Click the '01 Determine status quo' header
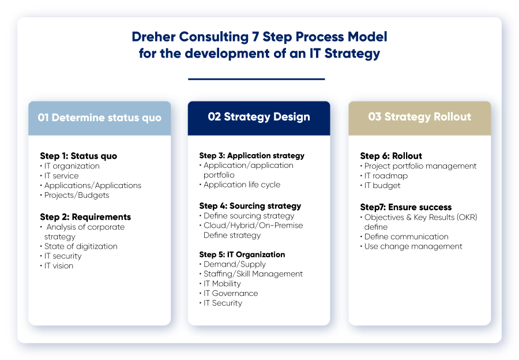coord(99,118)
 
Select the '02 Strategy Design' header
coord(259,117)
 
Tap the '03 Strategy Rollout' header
coord(419,117)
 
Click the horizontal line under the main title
coord(256,79)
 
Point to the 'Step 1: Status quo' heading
coord(78,156)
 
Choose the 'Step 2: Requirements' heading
coord(85,217)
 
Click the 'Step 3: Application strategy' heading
coord(251,155)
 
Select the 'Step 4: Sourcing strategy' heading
coord(250,205)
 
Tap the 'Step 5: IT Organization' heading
coord(242,254)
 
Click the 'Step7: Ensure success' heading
coord(405,207)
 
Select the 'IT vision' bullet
coord(59,266)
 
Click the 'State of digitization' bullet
coord(81,246)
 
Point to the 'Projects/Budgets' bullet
coord(77,195)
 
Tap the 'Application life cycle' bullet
coord(242,185)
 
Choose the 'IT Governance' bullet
coord(231,293)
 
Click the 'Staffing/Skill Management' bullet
coord(253,273)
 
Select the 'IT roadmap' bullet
coord(386,176)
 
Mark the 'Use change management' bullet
coord(413,246)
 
